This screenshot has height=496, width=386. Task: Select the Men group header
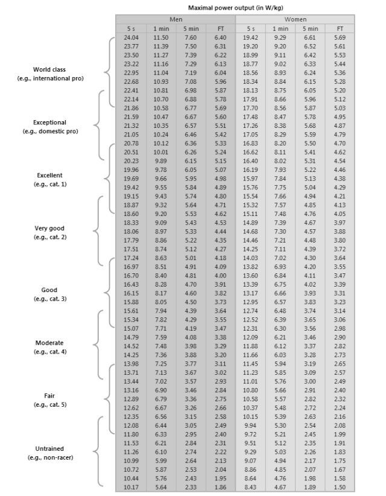pyautogui.click(x=176, y=19)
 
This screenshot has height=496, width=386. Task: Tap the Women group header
pyautogui.click(x=295, y=19)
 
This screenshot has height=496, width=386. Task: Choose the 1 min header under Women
pyautogui.click(x=280, y=28)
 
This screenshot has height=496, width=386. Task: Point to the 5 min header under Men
pyautogui.click(x=191, y=28)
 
